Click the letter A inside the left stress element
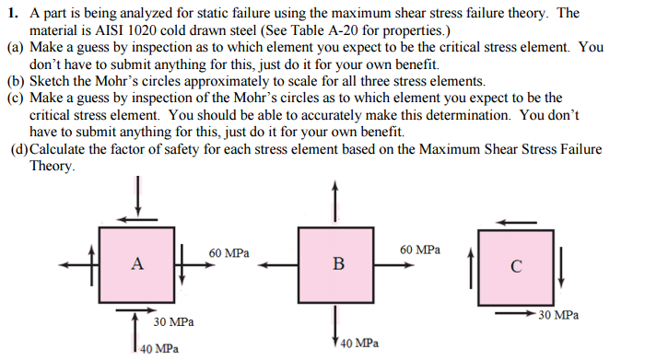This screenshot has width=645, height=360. point(136,264)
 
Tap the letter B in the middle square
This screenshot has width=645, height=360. point(338,265)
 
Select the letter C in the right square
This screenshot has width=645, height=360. point(516,269)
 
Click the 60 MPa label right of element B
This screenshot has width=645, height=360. point(420,250)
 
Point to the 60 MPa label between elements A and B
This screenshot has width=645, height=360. point(228,250)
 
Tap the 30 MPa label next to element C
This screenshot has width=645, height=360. point(558,315)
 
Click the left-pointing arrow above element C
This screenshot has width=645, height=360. point(517,221)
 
